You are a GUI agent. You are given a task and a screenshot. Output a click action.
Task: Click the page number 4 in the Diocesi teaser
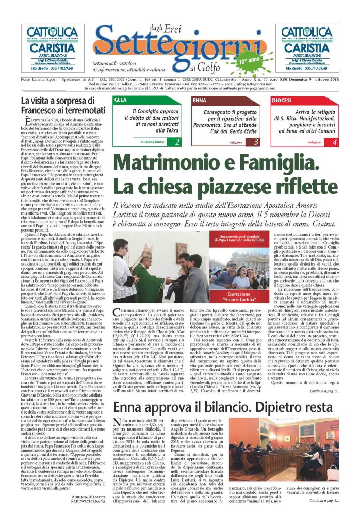coord(334,141)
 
